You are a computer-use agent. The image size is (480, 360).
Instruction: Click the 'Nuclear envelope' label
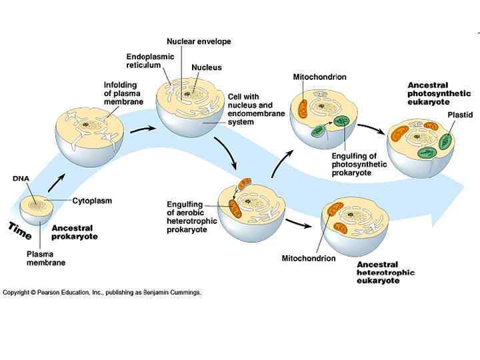[199, 41]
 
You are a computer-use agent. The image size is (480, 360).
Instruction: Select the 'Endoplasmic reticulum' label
[150, 61]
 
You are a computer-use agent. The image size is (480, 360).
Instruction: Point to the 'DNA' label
[20, 178]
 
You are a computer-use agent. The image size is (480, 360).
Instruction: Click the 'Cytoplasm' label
[92, 200]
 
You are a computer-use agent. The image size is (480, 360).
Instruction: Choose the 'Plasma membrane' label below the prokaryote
[45, 258]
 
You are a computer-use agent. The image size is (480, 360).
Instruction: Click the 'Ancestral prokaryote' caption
[75, 232]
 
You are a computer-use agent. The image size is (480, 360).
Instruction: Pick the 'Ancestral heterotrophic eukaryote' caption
[385, 273]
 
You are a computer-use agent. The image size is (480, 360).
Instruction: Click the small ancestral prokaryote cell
[37, 210]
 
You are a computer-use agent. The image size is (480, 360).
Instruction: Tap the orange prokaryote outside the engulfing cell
[244, 183]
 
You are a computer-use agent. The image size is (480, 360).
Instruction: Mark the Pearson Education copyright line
[102, 292]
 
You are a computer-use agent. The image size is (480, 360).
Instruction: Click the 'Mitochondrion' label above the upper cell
[319, 77]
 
